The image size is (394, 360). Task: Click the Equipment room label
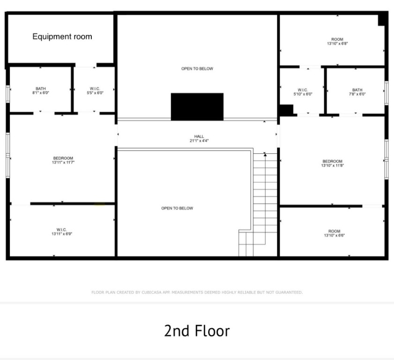pos(62,37)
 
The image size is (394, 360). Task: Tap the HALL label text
pos(199,136)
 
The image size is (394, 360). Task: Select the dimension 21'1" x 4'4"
pos(199,141)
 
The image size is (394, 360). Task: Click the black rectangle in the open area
pos(197,106)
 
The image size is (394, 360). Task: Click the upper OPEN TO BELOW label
pos(197,69)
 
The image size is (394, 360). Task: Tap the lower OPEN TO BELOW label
pos(177,208)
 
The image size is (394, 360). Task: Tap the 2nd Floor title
pos(197,331)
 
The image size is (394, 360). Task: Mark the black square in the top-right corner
pos(382,19)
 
